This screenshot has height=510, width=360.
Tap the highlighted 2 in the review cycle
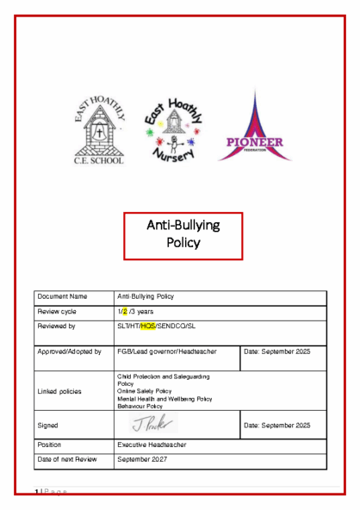(124, 311)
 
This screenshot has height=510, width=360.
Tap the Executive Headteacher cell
(154, 445)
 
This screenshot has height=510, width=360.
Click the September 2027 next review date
(144, 461)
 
